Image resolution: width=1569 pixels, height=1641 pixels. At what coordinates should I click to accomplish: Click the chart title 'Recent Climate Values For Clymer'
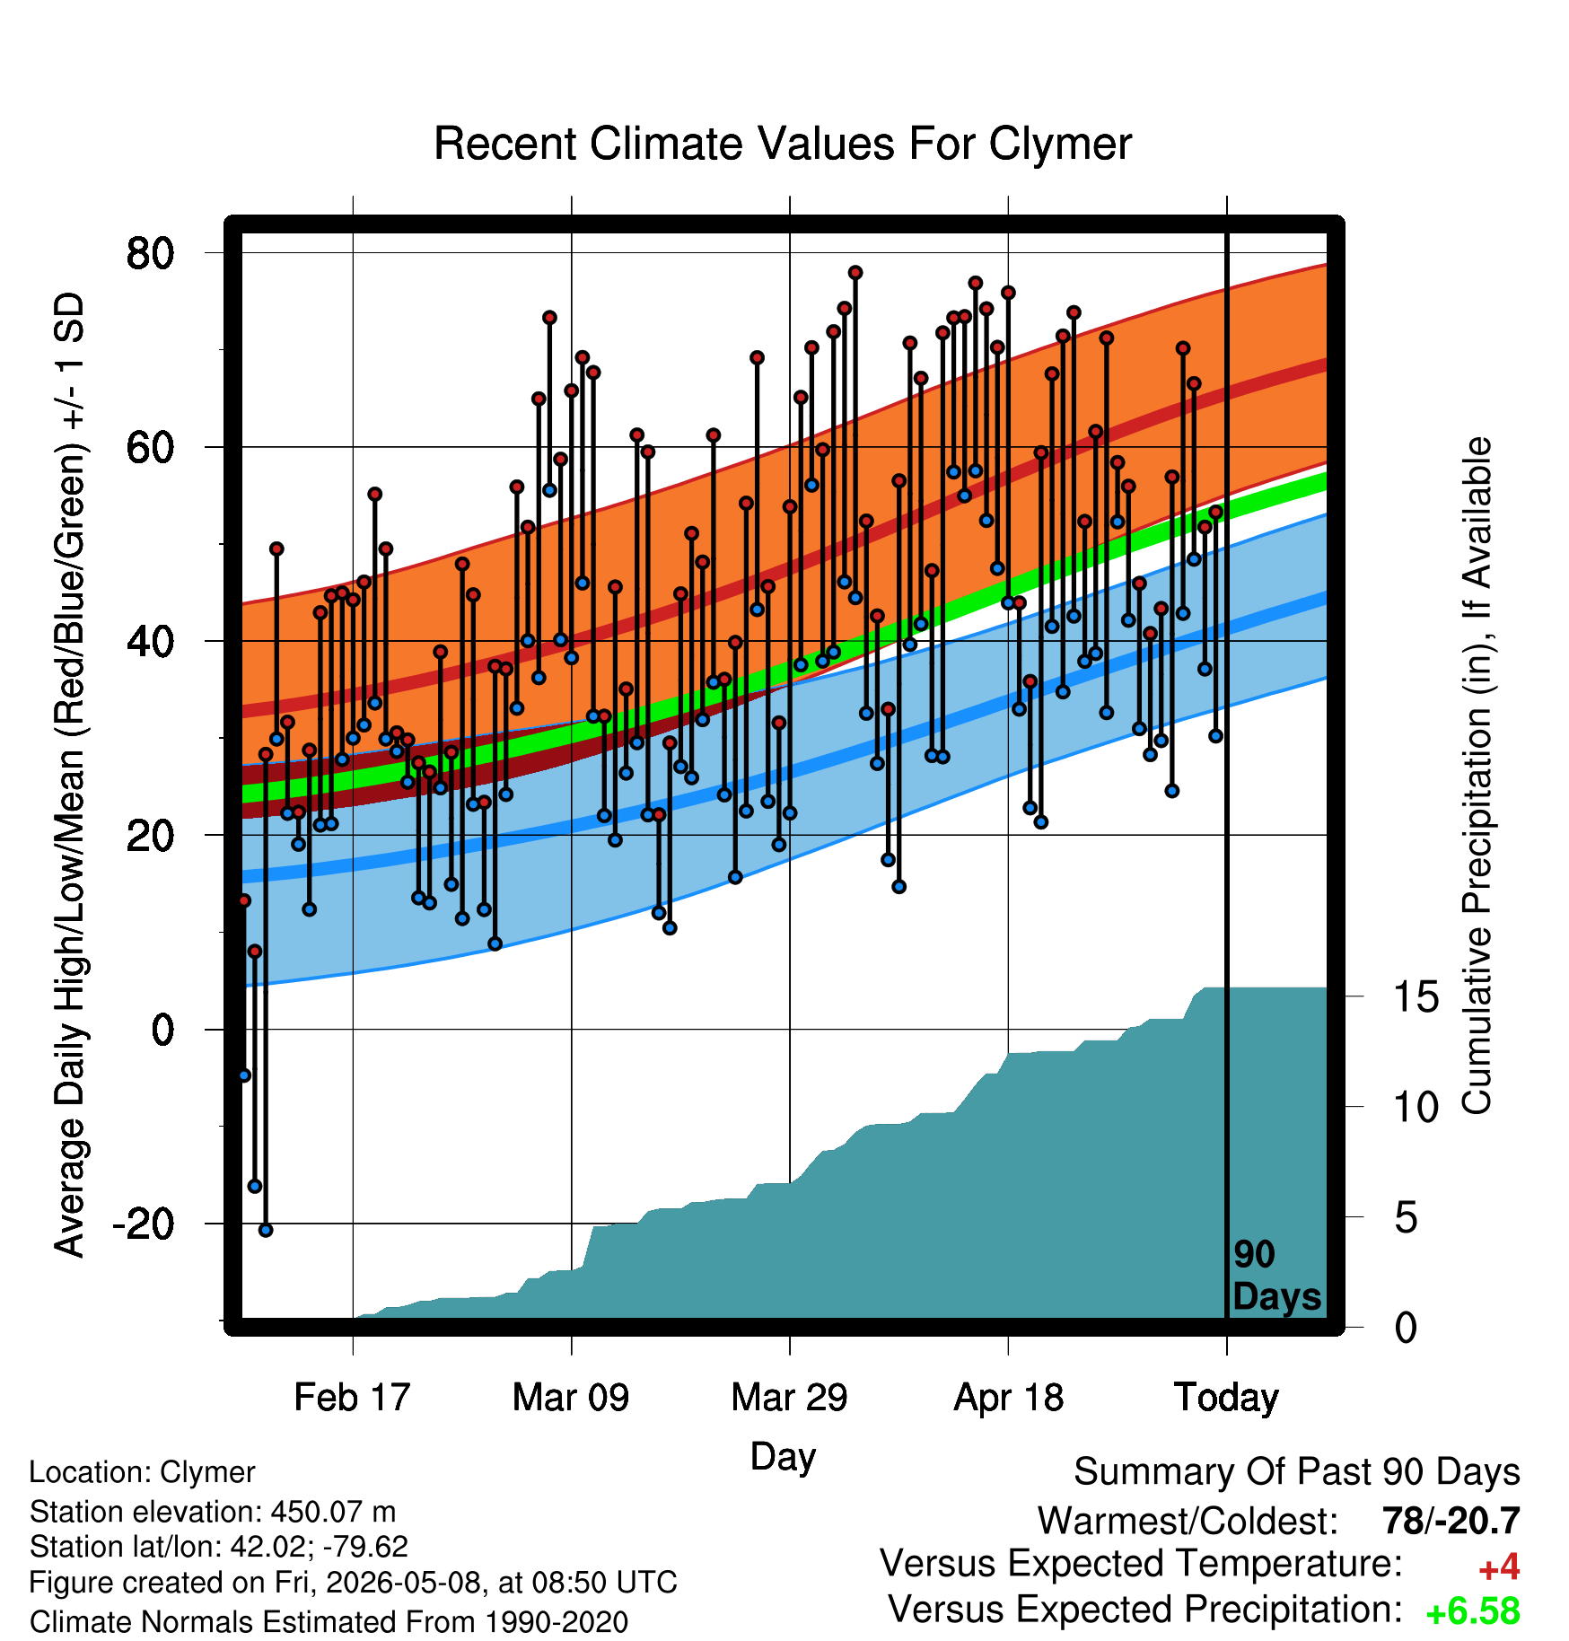click(783, 144)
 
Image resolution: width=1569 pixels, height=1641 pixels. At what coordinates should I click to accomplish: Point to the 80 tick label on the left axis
click(151, 253)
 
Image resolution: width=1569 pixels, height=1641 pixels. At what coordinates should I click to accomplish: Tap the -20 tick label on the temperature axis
click(144, 1224)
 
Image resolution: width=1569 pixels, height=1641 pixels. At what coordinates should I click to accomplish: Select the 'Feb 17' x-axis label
click(352, 1397)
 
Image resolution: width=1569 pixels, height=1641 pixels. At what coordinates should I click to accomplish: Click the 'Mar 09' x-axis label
click(571, 1397)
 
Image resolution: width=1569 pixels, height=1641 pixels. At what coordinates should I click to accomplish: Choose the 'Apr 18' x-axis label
click(1008, 1397)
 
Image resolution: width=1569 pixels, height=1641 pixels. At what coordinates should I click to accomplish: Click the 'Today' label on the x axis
click(1226, 1397)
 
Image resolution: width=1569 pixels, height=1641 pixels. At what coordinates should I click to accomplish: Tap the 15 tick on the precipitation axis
click(1416, 996)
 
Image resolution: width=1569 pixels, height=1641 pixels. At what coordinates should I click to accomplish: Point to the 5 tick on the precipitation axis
click(1406, 1218)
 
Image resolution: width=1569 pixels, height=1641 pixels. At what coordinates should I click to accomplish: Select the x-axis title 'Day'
click(783, 1456)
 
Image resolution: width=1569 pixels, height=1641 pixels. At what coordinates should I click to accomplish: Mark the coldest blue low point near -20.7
click(266, 1230)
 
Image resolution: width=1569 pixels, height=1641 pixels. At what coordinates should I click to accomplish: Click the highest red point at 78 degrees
click(855, 272)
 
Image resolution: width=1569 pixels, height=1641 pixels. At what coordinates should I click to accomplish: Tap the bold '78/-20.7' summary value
click(1451, 1521)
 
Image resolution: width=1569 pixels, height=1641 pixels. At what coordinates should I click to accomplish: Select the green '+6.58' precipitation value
click(1473, 1611)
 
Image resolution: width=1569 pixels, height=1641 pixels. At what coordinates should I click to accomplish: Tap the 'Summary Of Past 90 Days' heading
click(1297, 1472)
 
